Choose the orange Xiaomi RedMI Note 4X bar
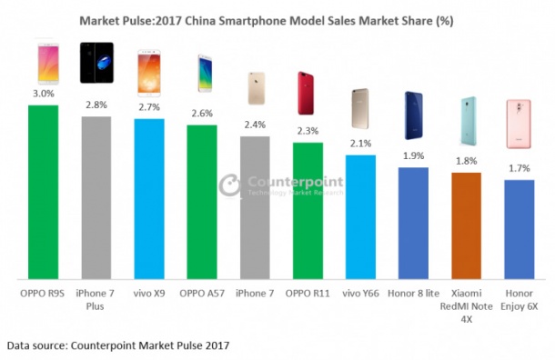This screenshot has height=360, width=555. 466,225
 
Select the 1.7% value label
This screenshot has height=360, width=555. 519,167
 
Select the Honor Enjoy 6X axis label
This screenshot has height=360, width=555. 520,299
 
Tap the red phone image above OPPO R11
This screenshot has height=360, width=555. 308,91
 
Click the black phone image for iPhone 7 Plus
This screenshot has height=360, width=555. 96,63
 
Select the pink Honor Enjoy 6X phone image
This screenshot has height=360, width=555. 520,123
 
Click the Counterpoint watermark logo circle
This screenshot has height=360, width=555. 229,184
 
